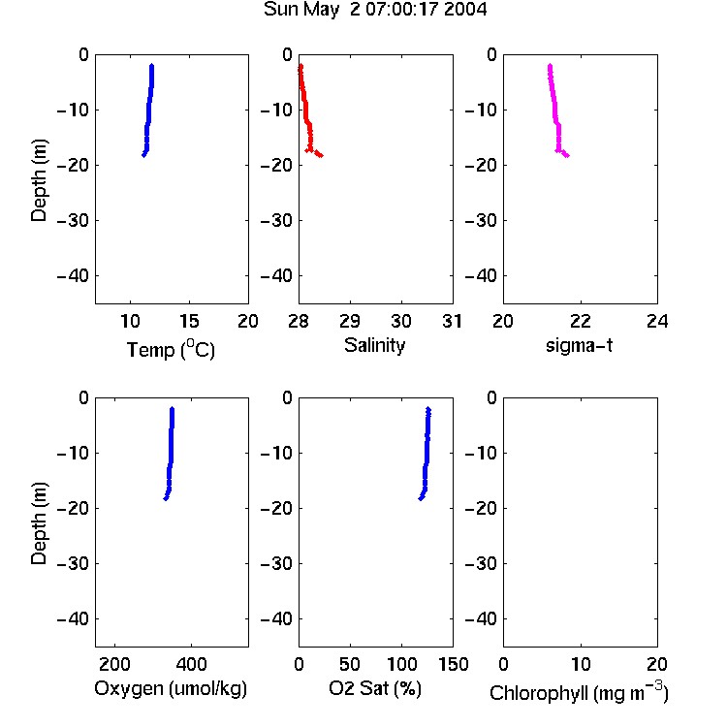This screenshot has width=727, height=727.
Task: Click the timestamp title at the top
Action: pos(375,10)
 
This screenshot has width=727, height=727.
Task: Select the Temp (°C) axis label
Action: pos(171,349)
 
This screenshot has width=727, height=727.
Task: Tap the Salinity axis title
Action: pos(374,345)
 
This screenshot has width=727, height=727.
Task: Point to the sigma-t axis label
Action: pos(579,345)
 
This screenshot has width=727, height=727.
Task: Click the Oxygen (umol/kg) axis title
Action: pos(171,689)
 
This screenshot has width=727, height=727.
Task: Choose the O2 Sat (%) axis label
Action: pos(375,688)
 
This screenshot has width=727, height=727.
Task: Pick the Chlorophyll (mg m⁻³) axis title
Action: pos(579,692)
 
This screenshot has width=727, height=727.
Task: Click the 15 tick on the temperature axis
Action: pos(189,321)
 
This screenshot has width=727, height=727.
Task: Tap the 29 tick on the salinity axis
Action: pos(350,321)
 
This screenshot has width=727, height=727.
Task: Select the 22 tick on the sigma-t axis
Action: pos(581,321)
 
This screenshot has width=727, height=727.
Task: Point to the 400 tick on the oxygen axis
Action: pos(191,664)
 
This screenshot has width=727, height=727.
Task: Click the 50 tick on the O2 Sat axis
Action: pos(350,664)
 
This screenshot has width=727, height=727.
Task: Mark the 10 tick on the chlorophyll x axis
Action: pos(581,664)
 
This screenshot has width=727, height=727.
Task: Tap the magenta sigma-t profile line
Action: pos(555,111)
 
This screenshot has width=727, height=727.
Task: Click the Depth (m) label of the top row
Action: pos(39,180)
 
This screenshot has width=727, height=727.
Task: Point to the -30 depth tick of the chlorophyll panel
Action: pos(481,564)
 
